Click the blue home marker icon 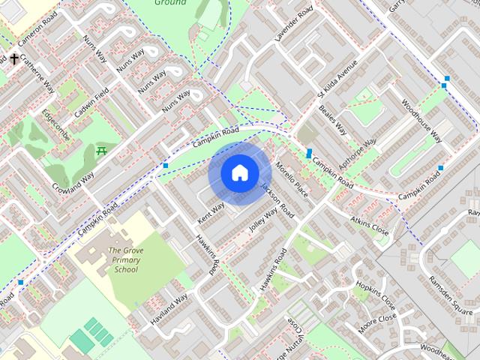[x=239, y=173]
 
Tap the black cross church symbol [x=13, y=58]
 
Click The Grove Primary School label [x=121, y=259]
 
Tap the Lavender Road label [x=294, y=25]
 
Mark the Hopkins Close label [x=376, y=295]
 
